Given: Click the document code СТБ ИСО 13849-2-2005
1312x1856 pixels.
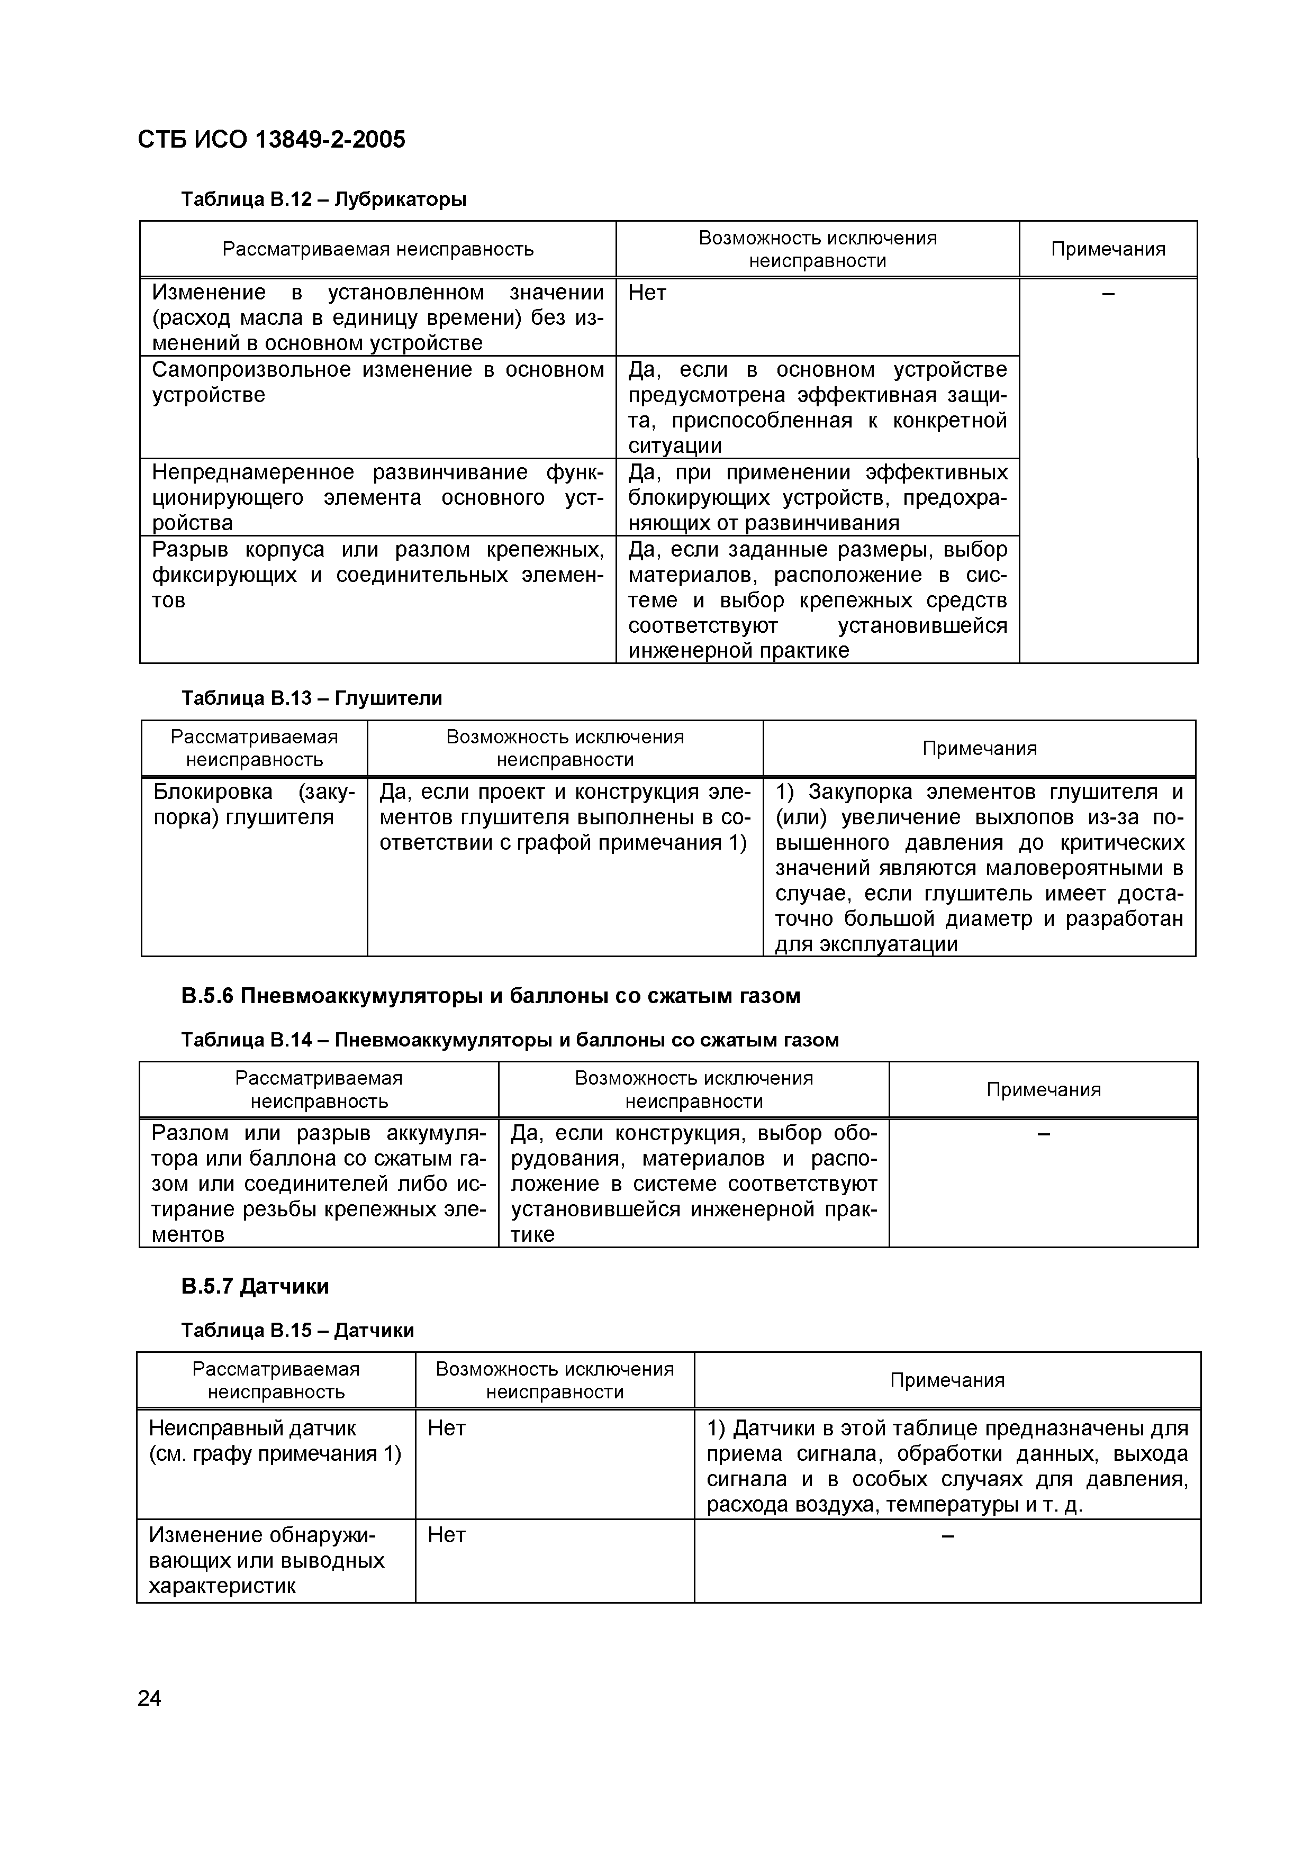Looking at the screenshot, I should pyautogui.click(x=272, y=140).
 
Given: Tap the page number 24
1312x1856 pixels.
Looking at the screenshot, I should pyautogui.click(x=150, y=1698).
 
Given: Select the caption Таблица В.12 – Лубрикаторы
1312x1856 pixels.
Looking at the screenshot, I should pyautogui.click(x=323, y=199).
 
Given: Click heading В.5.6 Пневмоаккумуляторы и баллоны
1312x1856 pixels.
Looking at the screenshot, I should pyautogui.click(x=490, y=996).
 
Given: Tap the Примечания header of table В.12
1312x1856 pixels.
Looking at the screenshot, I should pyautogui.click(x=1108, y=249).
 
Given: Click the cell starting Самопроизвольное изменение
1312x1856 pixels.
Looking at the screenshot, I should pyautogui.click(x=377, y=383).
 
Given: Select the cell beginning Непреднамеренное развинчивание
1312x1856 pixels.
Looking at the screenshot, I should pyautogui.click(x=377, y=497).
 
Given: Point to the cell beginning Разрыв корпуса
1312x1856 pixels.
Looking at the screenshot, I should pyautogui.click(x=377, y=575).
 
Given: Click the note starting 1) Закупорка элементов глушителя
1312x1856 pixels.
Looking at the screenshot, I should pyautogui.click(x=979, y=867).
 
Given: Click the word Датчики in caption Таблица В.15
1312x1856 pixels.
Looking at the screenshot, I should pyautogui.click(x=374, y=1331).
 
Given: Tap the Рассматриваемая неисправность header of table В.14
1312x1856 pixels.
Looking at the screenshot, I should pyautogui.click(x=319, y=1090).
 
